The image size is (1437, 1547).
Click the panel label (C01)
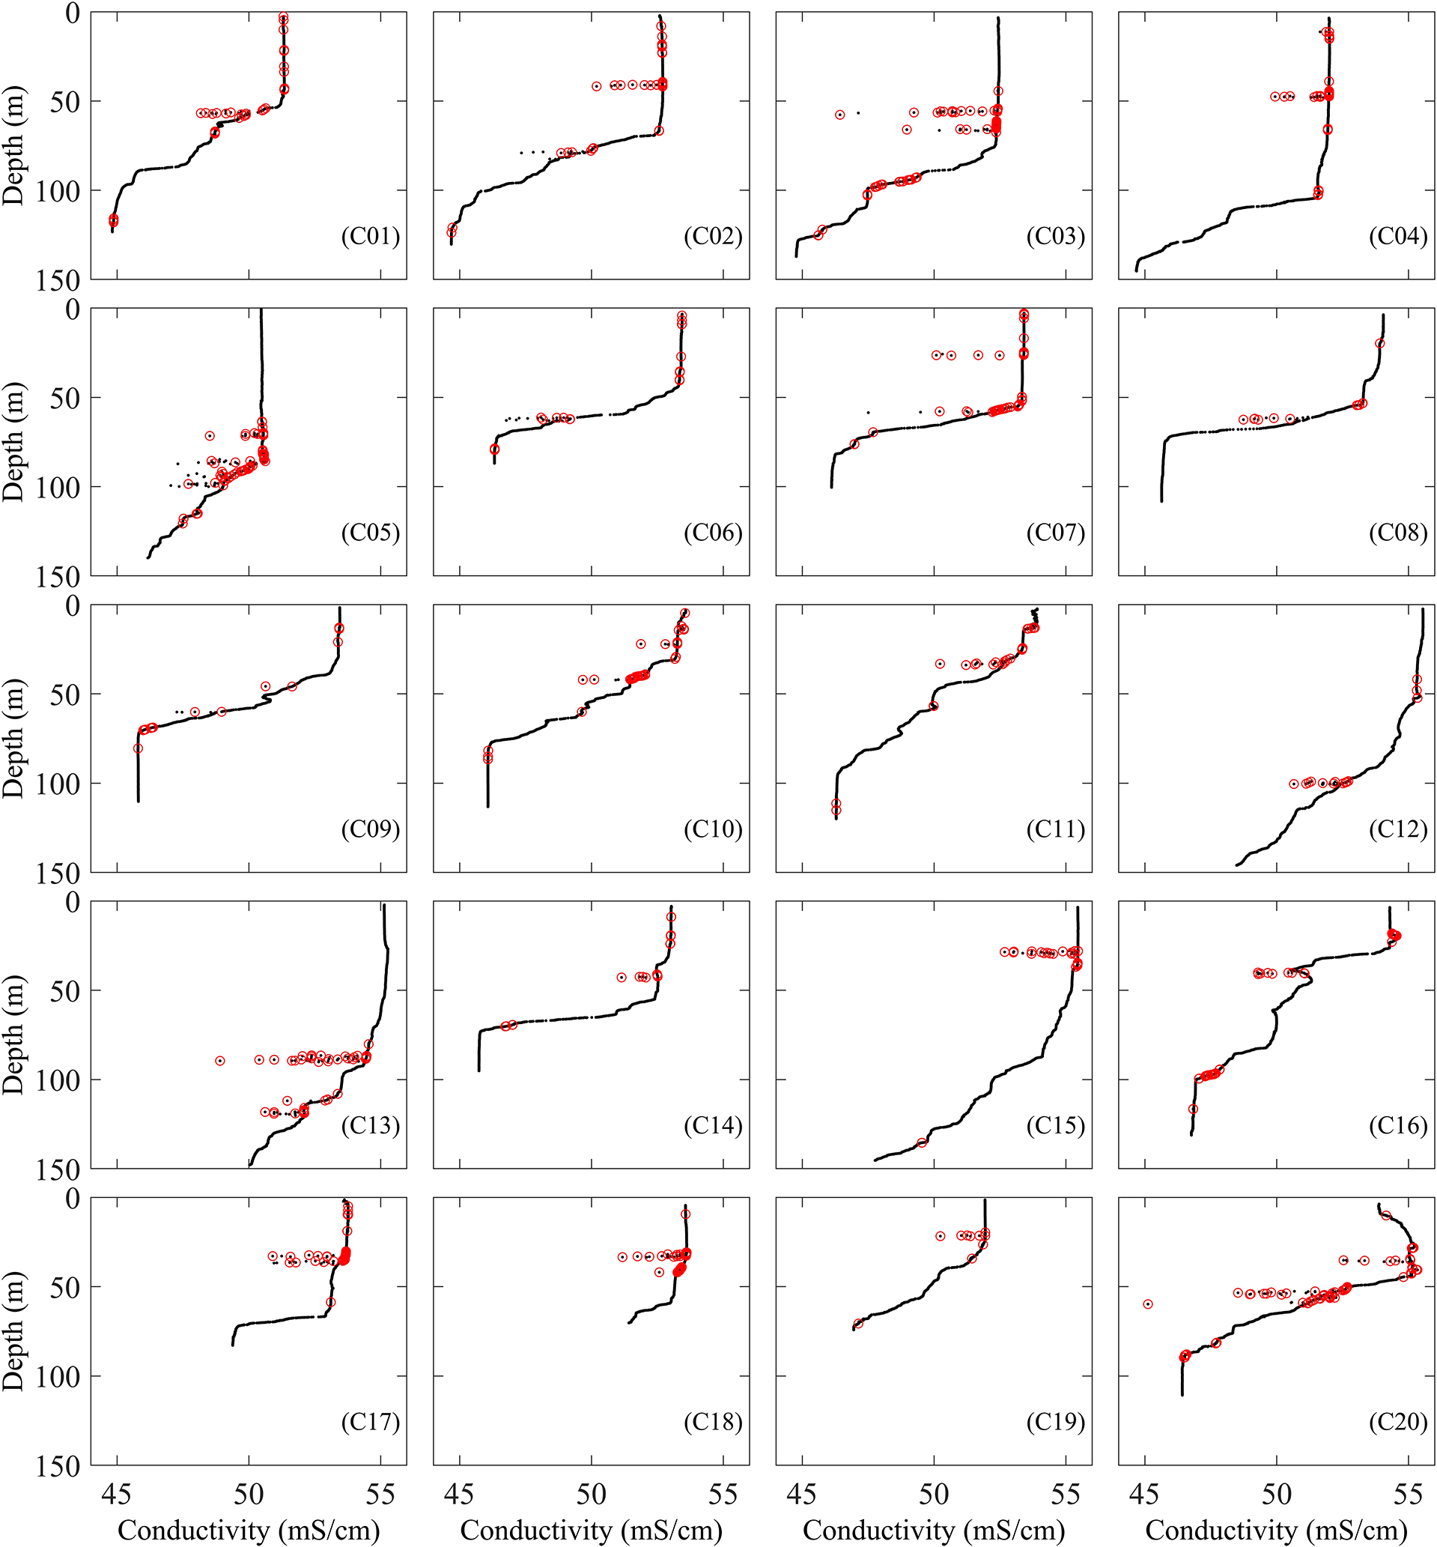point(370,237)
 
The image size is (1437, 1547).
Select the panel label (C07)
point(1055,533)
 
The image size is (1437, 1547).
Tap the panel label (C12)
point(1398,829)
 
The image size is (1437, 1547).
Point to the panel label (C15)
point(1055,1125)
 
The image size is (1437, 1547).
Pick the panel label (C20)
point(1398,1422)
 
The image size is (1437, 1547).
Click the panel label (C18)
point(713,1422)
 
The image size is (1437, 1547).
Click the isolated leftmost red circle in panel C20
point(1148,1304)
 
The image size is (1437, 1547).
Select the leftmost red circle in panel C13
point(220,1061)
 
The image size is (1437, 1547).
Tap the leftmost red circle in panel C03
point(839,115)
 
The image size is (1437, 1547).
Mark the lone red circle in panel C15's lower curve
point(923,1142)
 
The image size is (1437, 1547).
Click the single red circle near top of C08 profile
point(1380,344)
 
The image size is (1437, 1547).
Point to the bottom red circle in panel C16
point(1193,1109)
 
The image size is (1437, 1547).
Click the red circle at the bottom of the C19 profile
point(858,1324)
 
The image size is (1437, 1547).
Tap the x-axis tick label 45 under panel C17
point(117,1494)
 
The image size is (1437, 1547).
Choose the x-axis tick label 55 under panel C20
point(1409,1494)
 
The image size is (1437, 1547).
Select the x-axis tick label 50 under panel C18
point(591,1494)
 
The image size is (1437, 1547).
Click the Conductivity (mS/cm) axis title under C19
point(933,1530)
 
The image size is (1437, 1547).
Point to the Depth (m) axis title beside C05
point(14,442)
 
